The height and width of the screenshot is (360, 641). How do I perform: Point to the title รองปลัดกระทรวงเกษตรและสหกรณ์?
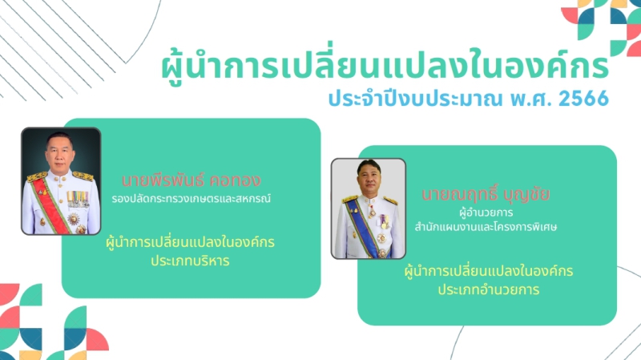pyautogui.click(x=191, y=196)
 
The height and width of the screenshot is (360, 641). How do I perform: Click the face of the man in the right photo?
pyautogui.click(x=369, y=178)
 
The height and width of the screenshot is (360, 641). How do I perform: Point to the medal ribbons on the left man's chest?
pyautogui.click(x=78, y=196)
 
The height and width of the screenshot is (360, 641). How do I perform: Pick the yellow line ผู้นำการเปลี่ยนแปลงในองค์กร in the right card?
pyautogui.click(x=488, y=271)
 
